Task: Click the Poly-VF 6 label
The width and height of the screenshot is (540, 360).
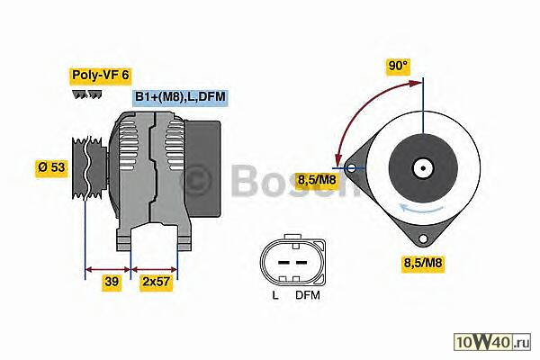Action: coord(101,75)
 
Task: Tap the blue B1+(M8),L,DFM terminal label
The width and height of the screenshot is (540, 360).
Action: coord(180,97)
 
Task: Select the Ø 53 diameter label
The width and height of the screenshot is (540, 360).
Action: coord(51,167)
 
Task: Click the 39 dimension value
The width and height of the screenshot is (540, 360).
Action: coord(112,282)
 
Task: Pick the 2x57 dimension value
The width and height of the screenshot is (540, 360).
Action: coord(157,282)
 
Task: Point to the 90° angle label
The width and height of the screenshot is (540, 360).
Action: coord(398,66)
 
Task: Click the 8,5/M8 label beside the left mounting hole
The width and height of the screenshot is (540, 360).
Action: coord(317,179)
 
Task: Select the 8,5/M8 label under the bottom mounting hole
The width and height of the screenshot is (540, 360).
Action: coord(423,263)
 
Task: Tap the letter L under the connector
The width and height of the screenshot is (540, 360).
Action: coord(275,295)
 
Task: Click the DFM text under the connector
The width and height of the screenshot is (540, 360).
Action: coord(308,295)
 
